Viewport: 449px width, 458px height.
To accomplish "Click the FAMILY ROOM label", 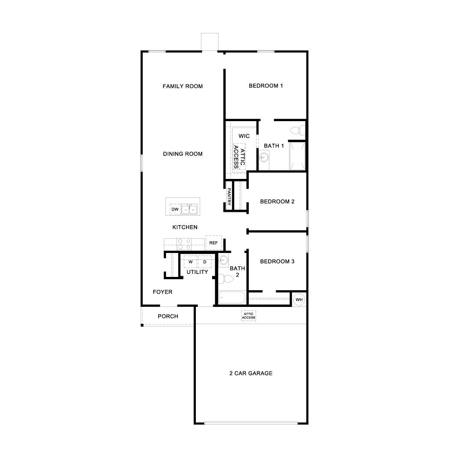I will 183,86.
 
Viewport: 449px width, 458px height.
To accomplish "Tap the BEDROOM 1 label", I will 266,86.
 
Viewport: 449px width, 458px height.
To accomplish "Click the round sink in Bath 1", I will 264,158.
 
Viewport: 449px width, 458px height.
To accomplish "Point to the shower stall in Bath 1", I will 298,156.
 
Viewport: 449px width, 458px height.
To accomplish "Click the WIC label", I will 244,136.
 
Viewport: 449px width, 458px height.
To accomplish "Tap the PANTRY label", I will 229,197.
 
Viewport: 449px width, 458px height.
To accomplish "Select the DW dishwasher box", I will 175,209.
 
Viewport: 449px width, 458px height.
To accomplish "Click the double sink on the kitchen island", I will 189,209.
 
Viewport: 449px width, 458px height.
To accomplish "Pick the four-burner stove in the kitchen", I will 184,244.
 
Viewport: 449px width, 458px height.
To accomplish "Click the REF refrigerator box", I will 213,243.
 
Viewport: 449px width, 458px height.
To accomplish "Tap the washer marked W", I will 191,262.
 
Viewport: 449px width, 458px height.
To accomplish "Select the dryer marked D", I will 204,262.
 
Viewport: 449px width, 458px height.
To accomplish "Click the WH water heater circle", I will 298,299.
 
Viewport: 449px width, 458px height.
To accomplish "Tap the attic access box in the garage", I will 248,316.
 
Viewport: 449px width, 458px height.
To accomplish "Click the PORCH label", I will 168,316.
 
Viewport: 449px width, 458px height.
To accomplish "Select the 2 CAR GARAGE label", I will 251,373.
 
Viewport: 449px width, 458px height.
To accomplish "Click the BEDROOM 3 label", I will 277,262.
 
